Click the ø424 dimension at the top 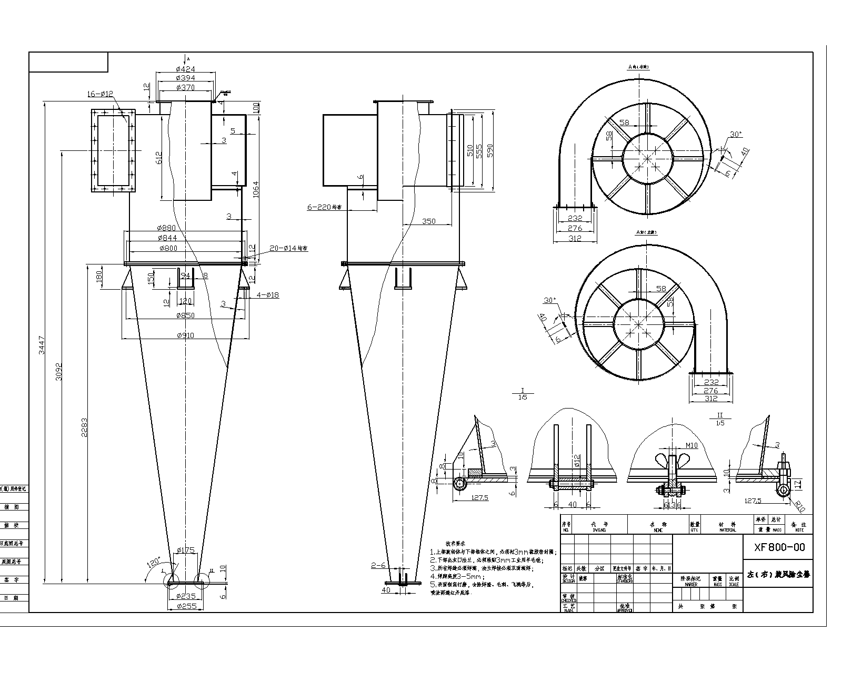[185, 68]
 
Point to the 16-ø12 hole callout [100, 94]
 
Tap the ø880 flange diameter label [166, 228]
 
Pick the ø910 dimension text [185, 335]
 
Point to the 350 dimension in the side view [429, 221]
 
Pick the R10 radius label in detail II [799, 506]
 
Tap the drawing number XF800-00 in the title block [779, 547]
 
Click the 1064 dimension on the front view [256, 189]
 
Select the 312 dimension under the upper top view [575, 238]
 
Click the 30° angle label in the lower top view [549, 300]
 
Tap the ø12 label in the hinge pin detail [577, 461]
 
